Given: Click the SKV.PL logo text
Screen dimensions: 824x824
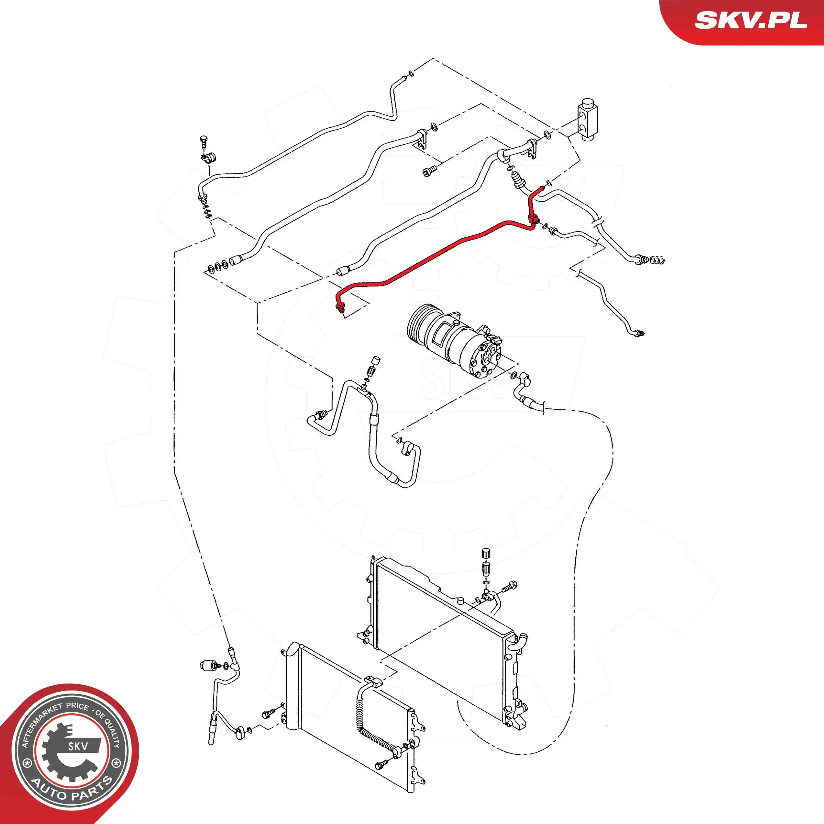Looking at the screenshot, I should point(750,20).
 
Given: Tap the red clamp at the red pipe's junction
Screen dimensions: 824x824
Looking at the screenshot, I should point(533,220).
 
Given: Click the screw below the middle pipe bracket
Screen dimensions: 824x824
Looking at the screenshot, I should point(429,171).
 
